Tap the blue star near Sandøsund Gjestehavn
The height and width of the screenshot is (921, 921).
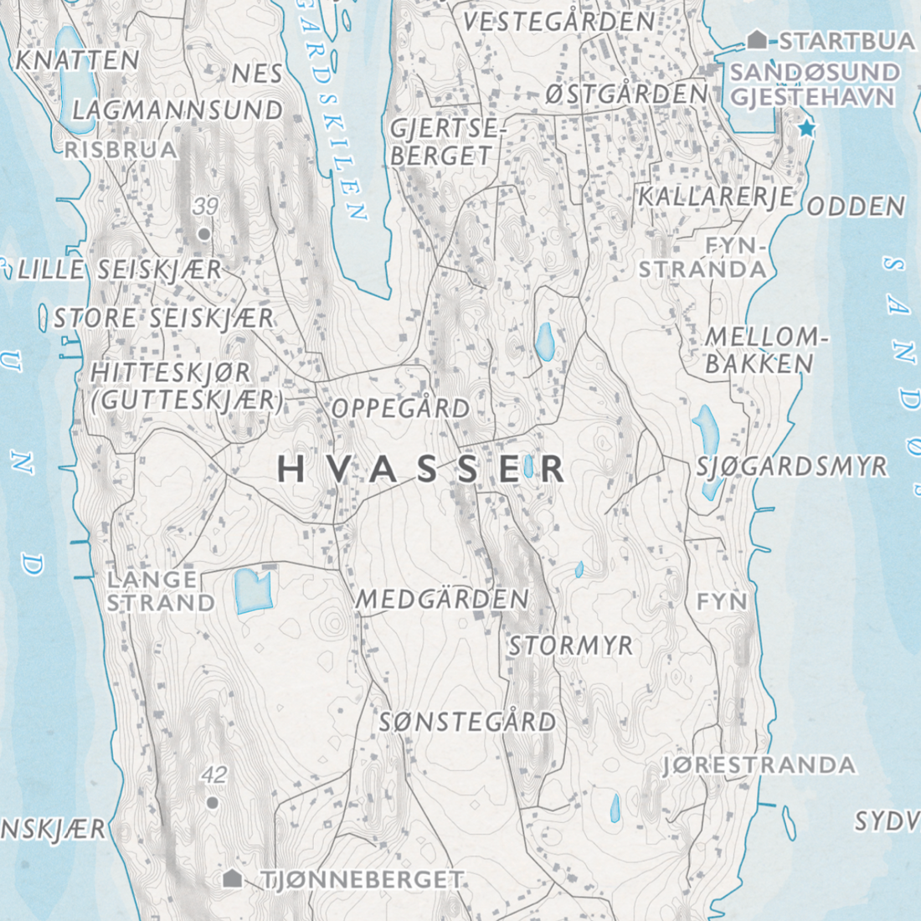click(x=806, y=129)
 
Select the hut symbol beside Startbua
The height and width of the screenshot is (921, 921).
click(x=757, y=39)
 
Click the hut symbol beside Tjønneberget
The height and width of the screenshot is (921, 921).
click(x=233, y=878)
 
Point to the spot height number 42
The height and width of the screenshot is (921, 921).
click(x=214, y=775)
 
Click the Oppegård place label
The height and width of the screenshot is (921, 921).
click(x=400, y=409)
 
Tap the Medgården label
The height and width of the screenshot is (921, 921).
click(x=442, y=599)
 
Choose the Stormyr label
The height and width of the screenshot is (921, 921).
click(x=571, y=646)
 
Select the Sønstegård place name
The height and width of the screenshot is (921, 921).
click(x=467, y=722)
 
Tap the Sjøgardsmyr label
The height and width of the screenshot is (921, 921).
click(x=792, y=466)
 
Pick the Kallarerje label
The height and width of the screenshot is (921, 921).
click(x=716, y=197)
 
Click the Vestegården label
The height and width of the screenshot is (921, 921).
click(x=558, y=22)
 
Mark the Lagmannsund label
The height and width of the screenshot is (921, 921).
click(x=178, y=110)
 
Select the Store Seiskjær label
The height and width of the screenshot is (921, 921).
click(x=163, y=318)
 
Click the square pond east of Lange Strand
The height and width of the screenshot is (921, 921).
click(x=253, y=589)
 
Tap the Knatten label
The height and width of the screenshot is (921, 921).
click(x=77, y=60)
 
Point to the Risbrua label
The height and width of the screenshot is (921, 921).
click(x=121, y=150)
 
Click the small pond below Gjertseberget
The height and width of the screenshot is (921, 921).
click(x=545, y=342)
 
